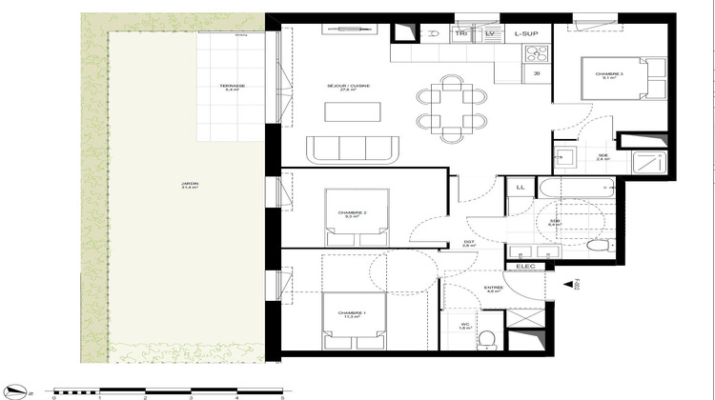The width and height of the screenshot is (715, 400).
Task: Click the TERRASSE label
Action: tap(232, 88)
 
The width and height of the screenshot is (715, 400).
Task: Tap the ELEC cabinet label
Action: tap(525, 267)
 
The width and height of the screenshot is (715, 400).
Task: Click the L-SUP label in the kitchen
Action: tap(526, 33)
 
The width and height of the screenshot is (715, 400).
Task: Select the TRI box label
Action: tap(461, 33)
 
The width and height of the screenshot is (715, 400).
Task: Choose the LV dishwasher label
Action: tap(490, 33)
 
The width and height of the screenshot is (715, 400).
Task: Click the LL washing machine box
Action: tap(520, 188)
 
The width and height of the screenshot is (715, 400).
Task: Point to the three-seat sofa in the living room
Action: tap(353, 149)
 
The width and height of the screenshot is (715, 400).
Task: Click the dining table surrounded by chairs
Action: tap(451, 106)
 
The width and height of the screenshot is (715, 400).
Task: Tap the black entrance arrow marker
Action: tap(570, 284)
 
